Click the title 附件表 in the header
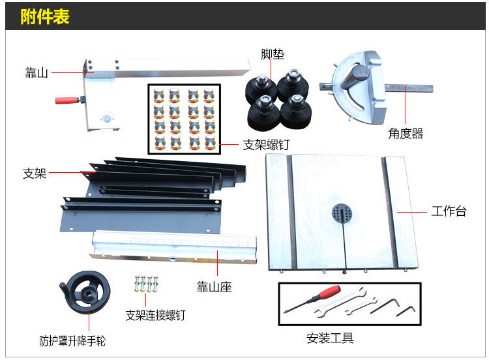click(x=45, y=16)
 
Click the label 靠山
click(x=37, y=72)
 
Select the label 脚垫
click(x=273, y=54)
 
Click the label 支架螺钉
click(x=265, y=145)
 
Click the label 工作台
click(x=449, y=211)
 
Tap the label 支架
click(x=35, y=173)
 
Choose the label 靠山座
click(x=214, y=287)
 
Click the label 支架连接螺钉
click(x=155, y=316)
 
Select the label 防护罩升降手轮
click(x=72, y=340)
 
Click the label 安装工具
click(x=330, y=338)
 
